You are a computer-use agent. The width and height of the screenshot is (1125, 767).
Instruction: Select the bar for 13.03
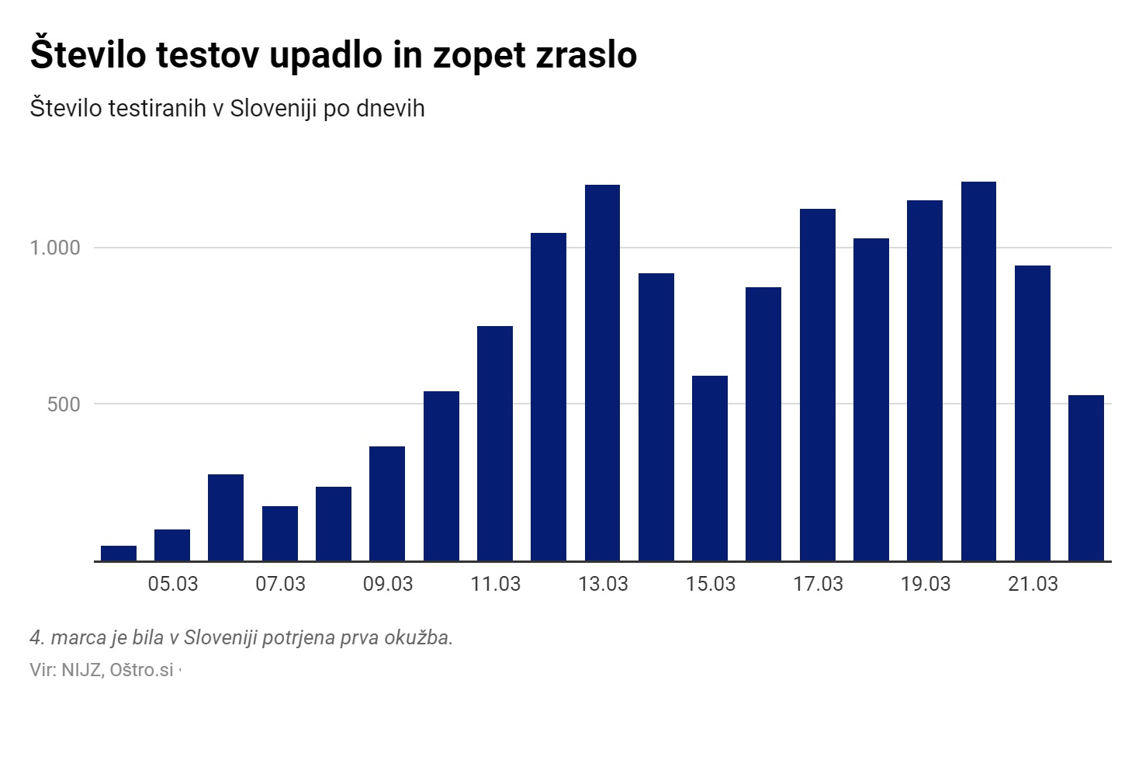pyautogui.click(x=602, y=373)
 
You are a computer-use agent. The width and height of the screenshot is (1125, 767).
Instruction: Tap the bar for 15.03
pyautogui.click(x=710, y=468)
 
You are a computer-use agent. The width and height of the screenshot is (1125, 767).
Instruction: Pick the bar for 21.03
pyautogui.click(x=1032, y=413)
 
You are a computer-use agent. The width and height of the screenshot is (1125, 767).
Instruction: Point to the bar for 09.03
pyautogui.click(x=387, y=503)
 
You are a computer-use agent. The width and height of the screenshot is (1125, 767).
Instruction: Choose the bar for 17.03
pyautogui.click(x=817, y=384)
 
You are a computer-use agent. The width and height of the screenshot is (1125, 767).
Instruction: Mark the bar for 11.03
pyautogui.click(x=495, y=443)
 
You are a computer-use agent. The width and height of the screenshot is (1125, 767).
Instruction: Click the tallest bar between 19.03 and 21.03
pyautogui.click(x=978, y=371)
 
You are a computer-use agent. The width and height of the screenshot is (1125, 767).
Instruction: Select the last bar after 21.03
pyautogui.click(x=1085, y=477)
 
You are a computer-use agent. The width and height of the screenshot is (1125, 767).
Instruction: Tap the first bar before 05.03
pyautogui.click(x=119, y=553)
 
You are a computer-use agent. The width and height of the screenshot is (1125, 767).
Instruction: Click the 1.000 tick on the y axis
pyautogui.click(x=55, y=248)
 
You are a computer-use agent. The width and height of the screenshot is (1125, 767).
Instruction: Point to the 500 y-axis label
pyautogui.click(x=64, y=404)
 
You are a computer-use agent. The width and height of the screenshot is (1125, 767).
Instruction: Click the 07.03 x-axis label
pyautogui.click(x=280, y=584)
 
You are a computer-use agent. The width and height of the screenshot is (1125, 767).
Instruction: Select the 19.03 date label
pyautogui.click(x=925, y=584)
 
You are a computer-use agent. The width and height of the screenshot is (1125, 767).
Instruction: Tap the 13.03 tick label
pyautogui.click(x=602, y=584)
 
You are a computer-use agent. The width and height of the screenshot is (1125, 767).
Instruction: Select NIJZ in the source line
pyautogui.click(x=81, y=669)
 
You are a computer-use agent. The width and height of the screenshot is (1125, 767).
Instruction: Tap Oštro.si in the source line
pyautogui.click(x=141, y=669)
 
